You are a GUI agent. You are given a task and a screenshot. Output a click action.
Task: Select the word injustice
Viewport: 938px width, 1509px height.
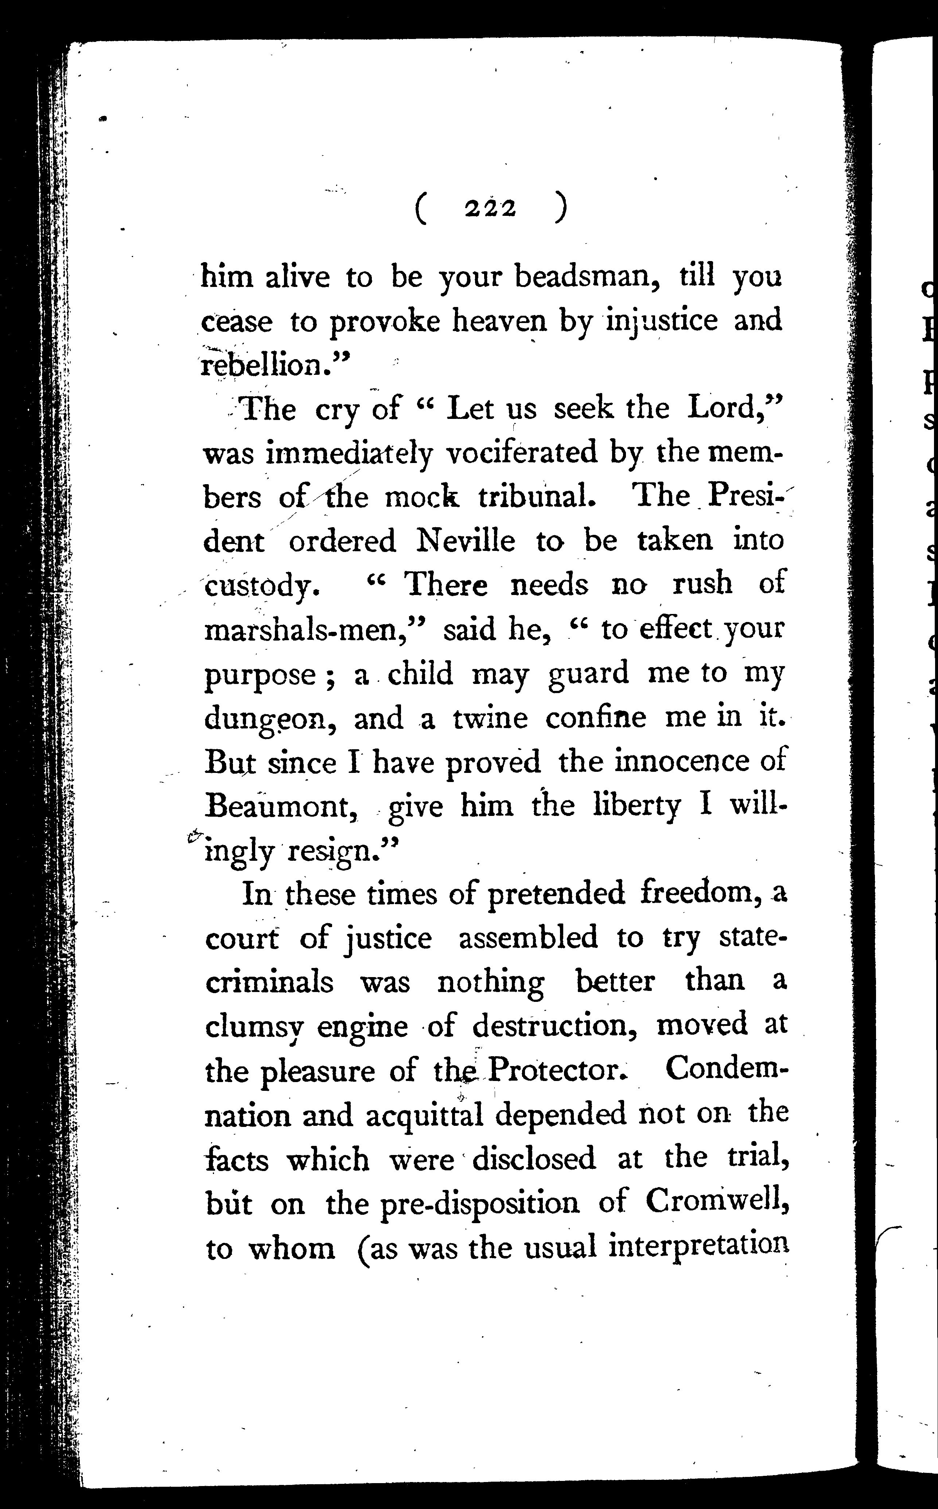pyautogui.click(x=662, y=321)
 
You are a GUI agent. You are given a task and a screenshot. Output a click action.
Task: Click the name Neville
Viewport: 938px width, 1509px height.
pyautogui.click(x=465, y=541)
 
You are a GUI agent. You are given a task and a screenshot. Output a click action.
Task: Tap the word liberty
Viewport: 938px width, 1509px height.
pyautogui.click(x=637, y=806)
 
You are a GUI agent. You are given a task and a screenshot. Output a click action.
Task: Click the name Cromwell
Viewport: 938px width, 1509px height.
pyautogui.click(x=716, y=1204)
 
